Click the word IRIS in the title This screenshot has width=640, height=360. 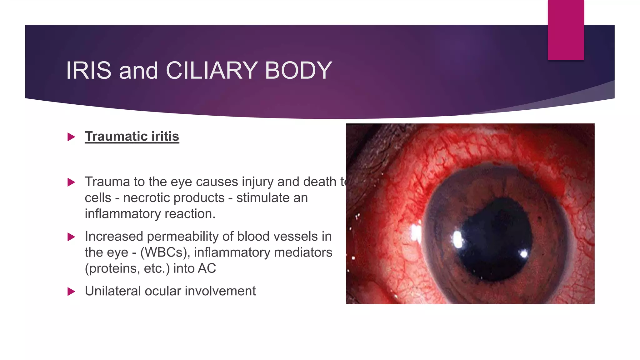89,70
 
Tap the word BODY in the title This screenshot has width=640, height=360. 298,70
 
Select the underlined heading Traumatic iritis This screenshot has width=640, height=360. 132,137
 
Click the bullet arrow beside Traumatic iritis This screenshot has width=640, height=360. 71,137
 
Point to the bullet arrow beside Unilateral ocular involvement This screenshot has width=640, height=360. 71,292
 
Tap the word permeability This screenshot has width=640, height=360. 182,236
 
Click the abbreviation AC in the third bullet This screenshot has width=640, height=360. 207,268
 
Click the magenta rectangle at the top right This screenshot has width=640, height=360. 566,30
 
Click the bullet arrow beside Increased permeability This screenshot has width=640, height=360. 71,237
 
